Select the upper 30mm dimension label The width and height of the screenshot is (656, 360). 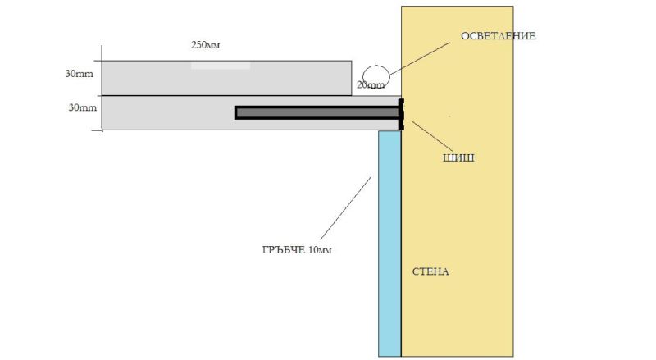pos(79,74)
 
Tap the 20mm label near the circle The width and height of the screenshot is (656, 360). pos(371,85)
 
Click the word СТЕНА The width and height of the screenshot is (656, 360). pos(431,271)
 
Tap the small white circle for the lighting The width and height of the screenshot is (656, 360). pos(376,73)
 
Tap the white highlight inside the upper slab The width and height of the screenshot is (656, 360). pos(221,65)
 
